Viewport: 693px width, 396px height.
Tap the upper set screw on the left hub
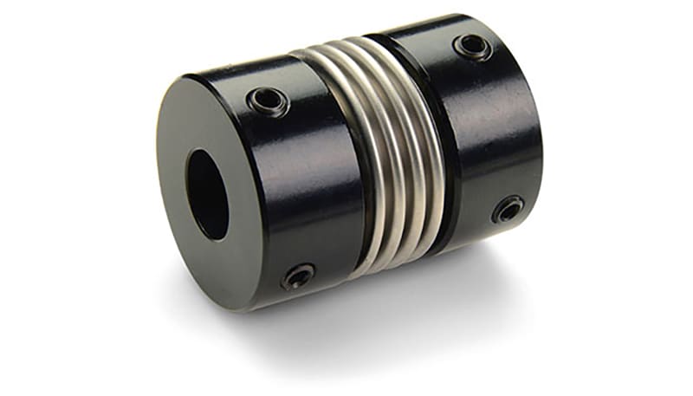[267, 101]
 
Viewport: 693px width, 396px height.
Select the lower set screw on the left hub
[297, 276]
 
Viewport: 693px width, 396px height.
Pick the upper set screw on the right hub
[473, 47]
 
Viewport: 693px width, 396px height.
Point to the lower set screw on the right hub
[508, 209]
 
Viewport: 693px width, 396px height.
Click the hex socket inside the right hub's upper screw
[473, 47]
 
